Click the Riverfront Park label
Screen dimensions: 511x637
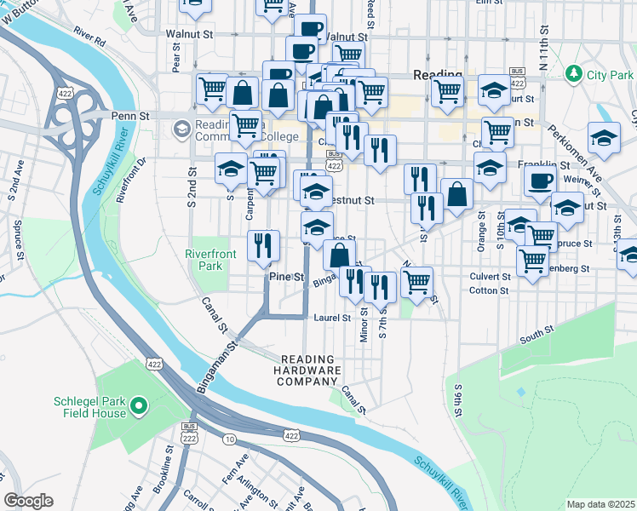pyautogui.click(x=204, y=259)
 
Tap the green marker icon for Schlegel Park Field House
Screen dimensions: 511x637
pyautogui.click(x=141, y=406)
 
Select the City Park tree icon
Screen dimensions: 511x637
pyautogui.click(x=575, y=74)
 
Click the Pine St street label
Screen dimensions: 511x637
pyautogui.click(x=286, y=278)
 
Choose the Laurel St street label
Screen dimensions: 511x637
pyautogui.click(x=332, y=318)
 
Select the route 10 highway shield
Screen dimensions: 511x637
pyautogui.click(x=230, y=439)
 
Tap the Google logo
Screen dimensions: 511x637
pyautogui.click(x=28, y=501)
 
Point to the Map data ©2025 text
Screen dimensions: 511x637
pyautogui.click(x=600, y=504)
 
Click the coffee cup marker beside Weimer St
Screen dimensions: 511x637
pyautogui.click(x=539, y=180)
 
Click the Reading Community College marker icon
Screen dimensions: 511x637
pyautogui.click(x=181, y=129)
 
